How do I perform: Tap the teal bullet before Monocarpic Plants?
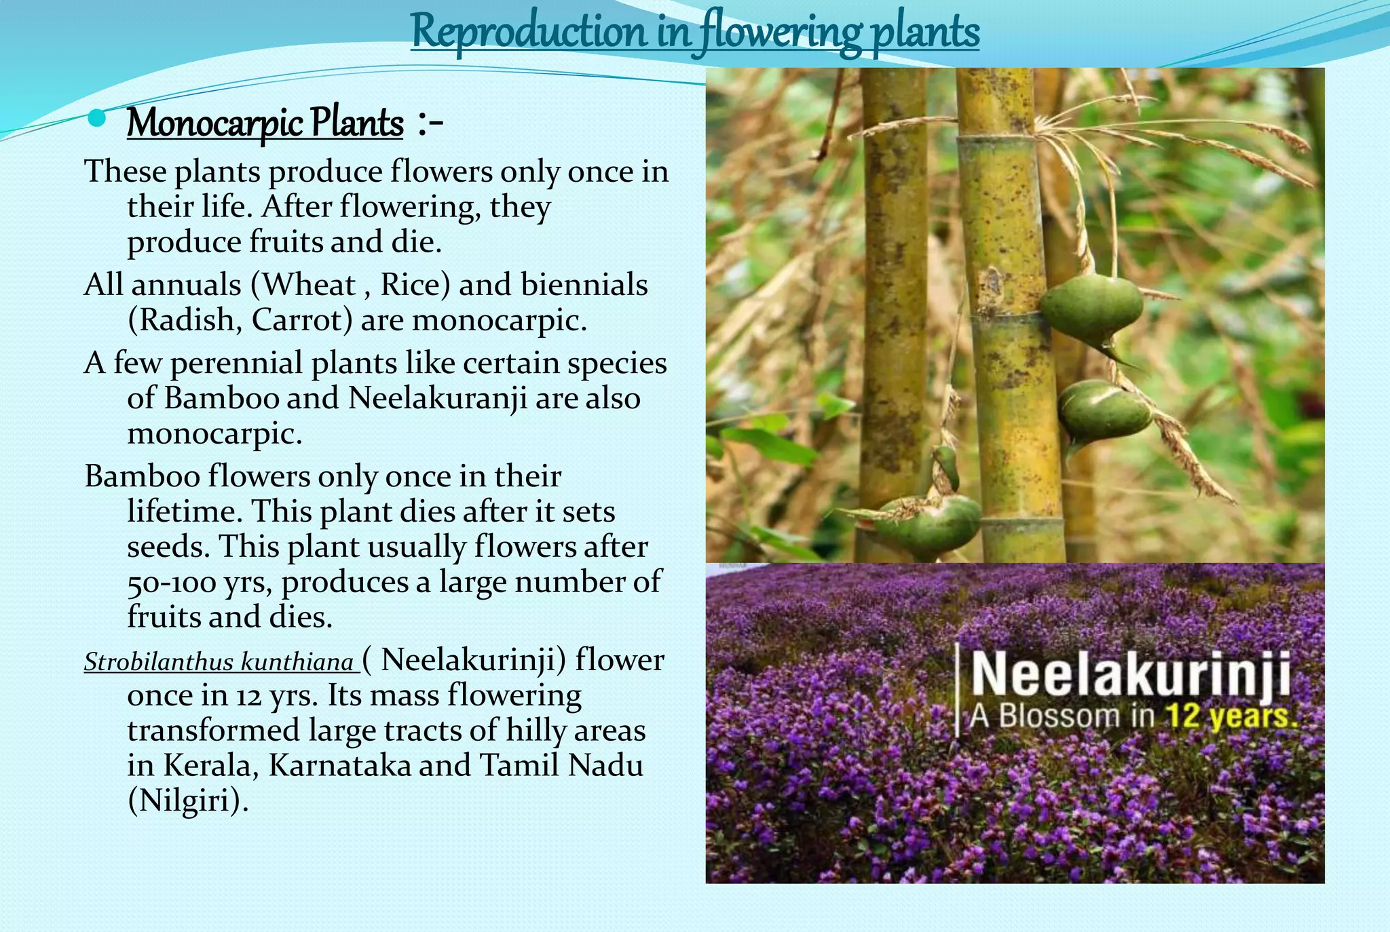[97, 119]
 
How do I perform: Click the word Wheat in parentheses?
[308, 284]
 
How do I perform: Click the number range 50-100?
[172, 582]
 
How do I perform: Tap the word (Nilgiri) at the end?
[188, 800]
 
